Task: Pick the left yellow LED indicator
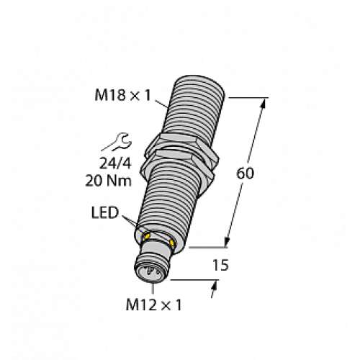click(148, 235)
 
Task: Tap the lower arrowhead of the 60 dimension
click(229, 242)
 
